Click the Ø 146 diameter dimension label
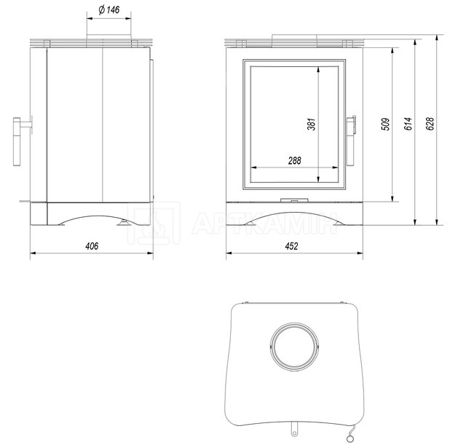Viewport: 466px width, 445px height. tap(109, 9)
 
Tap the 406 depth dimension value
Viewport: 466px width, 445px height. tap(92, 246)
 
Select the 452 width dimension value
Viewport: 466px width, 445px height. tap(291, 246)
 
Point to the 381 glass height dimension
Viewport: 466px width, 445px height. tap(311, 125)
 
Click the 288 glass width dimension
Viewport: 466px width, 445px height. tap(294, 161)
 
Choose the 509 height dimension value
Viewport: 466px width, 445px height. tap(385, 125)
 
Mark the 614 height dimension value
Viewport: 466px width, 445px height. tap(408, 124)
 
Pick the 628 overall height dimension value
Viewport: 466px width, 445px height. tap(430, 124)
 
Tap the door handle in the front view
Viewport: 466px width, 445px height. tap(351, 141)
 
